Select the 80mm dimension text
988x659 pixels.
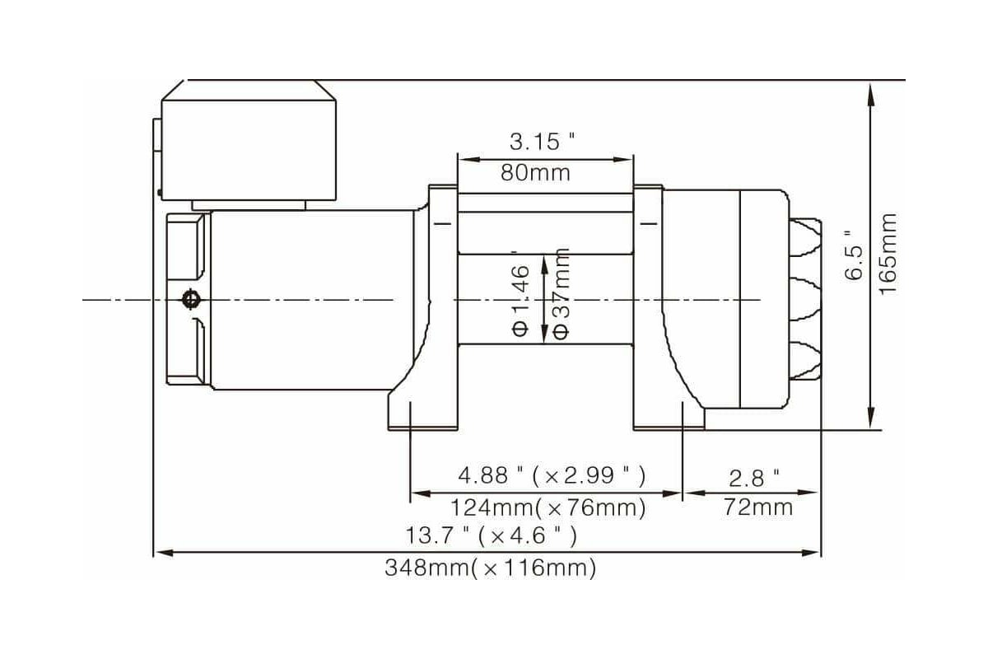(x=535, y=173)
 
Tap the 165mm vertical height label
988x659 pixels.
(x=888, y=254)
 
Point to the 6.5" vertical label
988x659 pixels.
(x=854, y=255)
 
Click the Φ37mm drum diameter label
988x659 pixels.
(x=561, y=293)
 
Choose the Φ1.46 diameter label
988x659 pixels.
(x=521, y=301)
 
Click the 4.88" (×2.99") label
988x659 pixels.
(x=552, y=476)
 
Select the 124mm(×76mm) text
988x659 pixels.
(x=548, y=507)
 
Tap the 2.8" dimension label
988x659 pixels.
(x=754, y=479)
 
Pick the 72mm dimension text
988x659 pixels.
(x=758, y=507)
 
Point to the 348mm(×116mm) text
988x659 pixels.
(x=491, y=568)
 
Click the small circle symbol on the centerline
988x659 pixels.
(x=190, y=300)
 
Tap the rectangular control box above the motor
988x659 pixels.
(x=249, y=150)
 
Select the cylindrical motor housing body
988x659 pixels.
(x=312, y=300)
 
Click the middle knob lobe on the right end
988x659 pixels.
(x=805, y=300)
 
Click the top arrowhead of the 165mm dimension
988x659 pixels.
(x=871, y=95)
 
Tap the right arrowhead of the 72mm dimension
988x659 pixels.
(x=809, y=492)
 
